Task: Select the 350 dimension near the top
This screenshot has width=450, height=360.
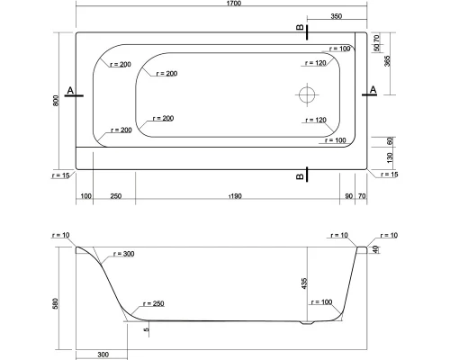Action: click(336, 17)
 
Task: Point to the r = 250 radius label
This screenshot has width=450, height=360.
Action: click(152, 303)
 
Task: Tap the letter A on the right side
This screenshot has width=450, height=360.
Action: click(373, 90)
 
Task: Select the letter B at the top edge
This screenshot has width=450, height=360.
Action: click(299, 31)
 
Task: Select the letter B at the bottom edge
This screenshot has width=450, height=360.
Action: click(299, 176)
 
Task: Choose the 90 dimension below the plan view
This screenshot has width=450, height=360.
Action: click(347, 195)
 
